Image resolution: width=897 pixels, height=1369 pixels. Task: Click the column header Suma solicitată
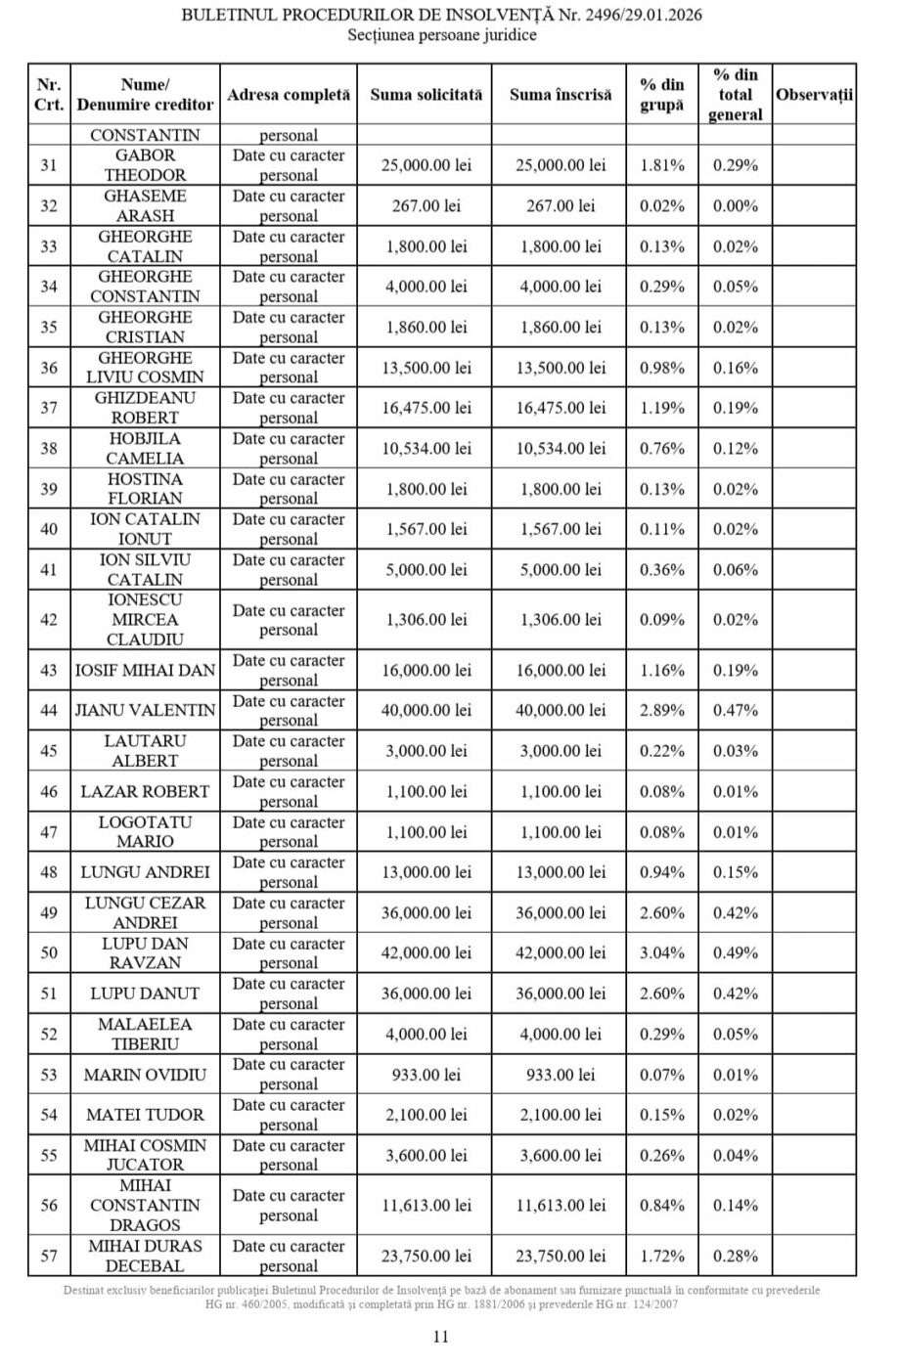[426, 95]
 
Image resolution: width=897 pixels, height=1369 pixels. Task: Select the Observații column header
[814, 95]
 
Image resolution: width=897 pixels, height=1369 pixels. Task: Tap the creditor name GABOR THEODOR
[146, 165]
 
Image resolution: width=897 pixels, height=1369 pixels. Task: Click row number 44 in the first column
[49, 711]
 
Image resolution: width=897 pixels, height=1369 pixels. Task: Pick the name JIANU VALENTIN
[146, 711]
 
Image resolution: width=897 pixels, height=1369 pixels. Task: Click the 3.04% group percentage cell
[662, 953]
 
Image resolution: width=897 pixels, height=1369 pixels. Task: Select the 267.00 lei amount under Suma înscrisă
[561, 206]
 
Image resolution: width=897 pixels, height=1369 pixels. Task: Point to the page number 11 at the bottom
[440, 1336]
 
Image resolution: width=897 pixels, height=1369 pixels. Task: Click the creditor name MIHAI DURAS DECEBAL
[146, 1256]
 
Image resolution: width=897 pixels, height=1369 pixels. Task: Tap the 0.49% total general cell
[736, 953]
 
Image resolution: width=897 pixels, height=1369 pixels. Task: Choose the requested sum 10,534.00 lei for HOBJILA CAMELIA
[426, 449]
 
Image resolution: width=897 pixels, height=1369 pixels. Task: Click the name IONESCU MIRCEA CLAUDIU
[146, 620]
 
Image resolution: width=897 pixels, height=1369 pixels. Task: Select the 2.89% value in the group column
[662, 711]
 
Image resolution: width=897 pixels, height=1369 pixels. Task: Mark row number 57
[49, 1256]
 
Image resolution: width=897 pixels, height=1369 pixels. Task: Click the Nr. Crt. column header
[49, 95]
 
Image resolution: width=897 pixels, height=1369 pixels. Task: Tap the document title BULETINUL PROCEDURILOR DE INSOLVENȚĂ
[441, 16]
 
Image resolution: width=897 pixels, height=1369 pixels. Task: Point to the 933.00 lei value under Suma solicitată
[426, 1075]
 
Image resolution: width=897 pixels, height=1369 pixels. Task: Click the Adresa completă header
[289, 95]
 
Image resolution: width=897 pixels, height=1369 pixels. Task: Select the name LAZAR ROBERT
[146, 792]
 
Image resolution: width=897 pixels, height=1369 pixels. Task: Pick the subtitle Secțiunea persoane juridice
[442, 35]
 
